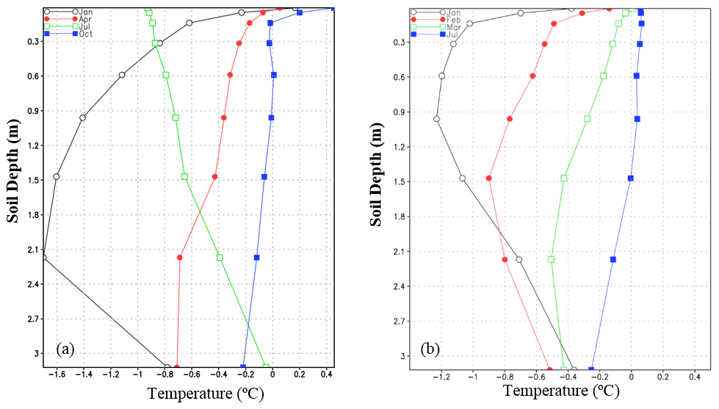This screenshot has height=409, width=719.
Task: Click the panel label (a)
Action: click(65, 349)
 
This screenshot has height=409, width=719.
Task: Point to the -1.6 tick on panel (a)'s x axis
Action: click(55, 374)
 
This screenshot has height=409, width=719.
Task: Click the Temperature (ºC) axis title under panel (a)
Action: click(206, 394)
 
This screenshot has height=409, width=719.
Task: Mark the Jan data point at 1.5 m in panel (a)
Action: click(56, 177)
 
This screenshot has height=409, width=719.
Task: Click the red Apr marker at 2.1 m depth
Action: click(180, 258)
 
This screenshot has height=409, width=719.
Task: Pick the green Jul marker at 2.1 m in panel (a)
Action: click(220, 258)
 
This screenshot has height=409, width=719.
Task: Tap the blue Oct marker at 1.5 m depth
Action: click(264, 177)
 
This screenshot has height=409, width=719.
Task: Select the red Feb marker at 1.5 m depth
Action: click(488, 178)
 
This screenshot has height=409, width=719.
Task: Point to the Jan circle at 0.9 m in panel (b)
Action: click(436, 119)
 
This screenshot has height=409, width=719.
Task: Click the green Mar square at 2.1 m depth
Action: click(552, 259)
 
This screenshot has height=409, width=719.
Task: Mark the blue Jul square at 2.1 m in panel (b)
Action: click(613, 259)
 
